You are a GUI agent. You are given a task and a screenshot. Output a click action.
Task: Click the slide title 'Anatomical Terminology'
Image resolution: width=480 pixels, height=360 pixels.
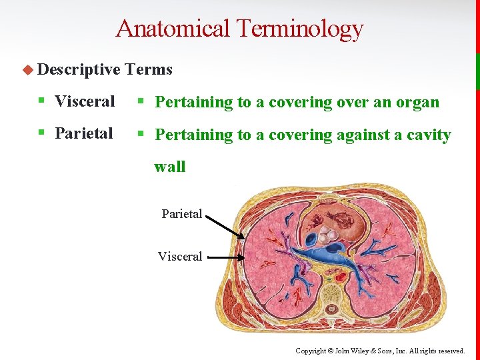tap(239, 29)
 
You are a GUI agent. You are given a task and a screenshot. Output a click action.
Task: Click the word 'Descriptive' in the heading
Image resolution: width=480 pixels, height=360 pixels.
tap(79, 69)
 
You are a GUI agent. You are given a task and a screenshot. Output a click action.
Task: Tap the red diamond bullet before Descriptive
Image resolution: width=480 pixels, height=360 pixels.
tap(29, 69)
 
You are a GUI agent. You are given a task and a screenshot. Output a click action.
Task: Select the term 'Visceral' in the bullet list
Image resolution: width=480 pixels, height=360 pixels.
tap(85, 101)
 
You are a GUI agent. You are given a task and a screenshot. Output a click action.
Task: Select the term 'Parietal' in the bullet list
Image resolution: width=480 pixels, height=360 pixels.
tap(84, 133)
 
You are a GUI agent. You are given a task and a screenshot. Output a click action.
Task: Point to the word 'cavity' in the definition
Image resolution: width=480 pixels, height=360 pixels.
tap(427, 135)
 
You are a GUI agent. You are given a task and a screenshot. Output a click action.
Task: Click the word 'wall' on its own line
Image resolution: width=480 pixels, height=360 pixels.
tap(170, 167)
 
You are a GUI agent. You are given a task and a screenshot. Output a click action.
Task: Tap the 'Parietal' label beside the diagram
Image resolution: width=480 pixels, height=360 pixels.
tap(181, 214)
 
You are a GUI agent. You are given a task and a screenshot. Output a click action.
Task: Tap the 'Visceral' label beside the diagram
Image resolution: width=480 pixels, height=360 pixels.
tap(180, 257)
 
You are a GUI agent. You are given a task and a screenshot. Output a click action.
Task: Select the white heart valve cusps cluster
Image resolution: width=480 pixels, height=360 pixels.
tap(325, 235)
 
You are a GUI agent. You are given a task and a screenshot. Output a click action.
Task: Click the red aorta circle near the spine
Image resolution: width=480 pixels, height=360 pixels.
tap(340, 276)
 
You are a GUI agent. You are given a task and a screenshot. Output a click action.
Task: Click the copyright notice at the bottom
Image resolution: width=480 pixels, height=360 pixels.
tap(380, 351)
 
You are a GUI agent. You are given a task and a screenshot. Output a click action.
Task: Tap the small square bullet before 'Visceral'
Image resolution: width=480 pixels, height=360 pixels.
tap(42, 101)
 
